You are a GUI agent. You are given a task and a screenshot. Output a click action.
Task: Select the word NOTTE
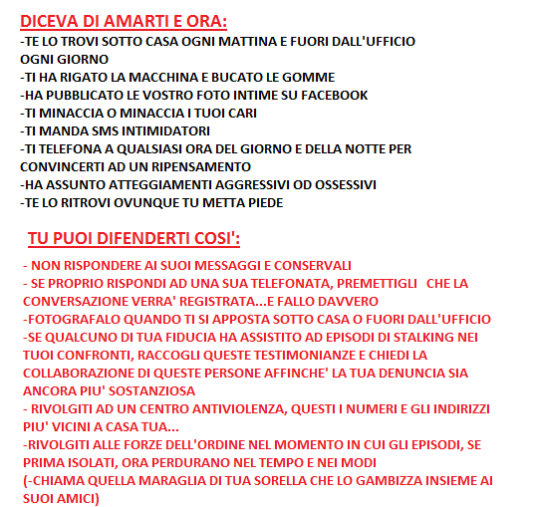pyautogui.click(x=350, y=148)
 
